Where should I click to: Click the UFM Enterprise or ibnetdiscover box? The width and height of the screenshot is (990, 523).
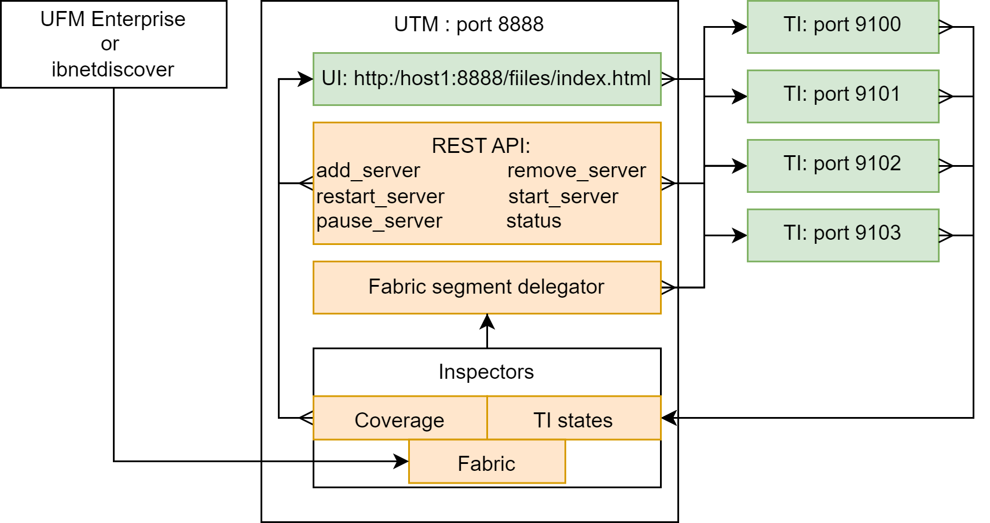[x=113, y=44]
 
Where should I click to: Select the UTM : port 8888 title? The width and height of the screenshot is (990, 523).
[x=468, y=24]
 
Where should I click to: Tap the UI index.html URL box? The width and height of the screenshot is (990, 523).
[x=487, y=79]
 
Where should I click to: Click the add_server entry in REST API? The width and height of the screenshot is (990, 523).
[x=368, y=171]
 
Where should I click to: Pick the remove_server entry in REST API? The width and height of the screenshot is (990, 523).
[x=577, y=171]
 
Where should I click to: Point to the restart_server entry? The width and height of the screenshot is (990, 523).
[x=380, y=196]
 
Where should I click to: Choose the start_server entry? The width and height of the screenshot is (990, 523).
[x=563, y=196]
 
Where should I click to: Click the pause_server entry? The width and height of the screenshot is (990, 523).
[x=379, y=221]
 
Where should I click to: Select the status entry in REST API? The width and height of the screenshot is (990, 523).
[x=534, y=221]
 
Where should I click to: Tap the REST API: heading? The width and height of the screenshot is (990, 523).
[x=481, y=146]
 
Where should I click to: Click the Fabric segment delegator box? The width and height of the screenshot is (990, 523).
[x=487, y=287]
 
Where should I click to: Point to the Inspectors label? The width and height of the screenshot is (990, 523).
[x=486, y=372]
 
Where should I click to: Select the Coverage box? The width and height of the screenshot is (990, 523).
[x=400, y=418]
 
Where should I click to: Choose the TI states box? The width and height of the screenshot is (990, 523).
[x=574, y=418]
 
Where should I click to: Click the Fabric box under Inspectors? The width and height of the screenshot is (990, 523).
[x=487, y=462]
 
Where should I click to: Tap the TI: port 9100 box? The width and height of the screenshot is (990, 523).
[x=844, y=27]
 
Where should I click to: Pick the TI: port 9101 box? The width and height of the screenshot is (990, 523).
[x=844, y=96]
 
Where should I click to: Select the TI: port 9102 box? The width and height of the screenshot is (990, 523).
[x=844, y=166]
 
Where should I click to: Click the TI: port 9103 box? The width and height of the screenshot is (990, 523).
[x=844, y=236]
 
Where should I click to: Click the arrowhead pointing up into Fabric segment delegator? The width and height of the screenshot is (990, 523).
[x=487, y=321]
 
